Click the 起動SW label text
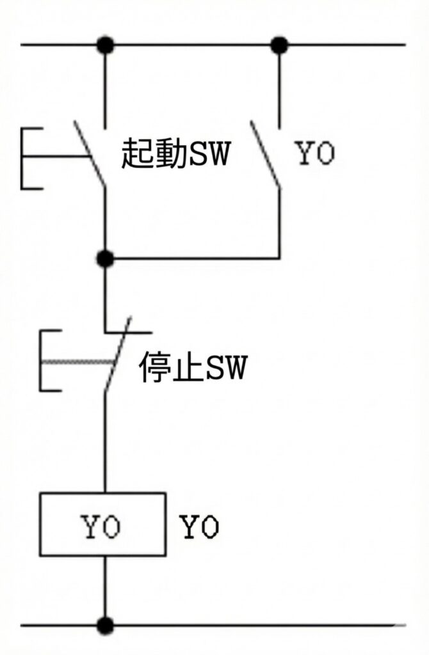point(175,155)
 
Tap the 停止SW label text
point(192,368)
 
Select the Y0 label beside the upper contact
point(314,154)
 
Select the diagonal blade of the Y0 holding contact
point(265,154)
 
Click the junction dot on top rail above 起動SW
point(105,45)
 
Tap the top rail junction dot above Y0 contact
point(279,45)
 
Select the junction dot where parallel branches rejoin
point(105,258)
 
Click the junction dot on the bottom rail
point(105,624)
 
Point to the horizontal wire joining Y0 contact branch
point(192,258)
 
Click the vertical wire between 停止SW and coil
point(105,441)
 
